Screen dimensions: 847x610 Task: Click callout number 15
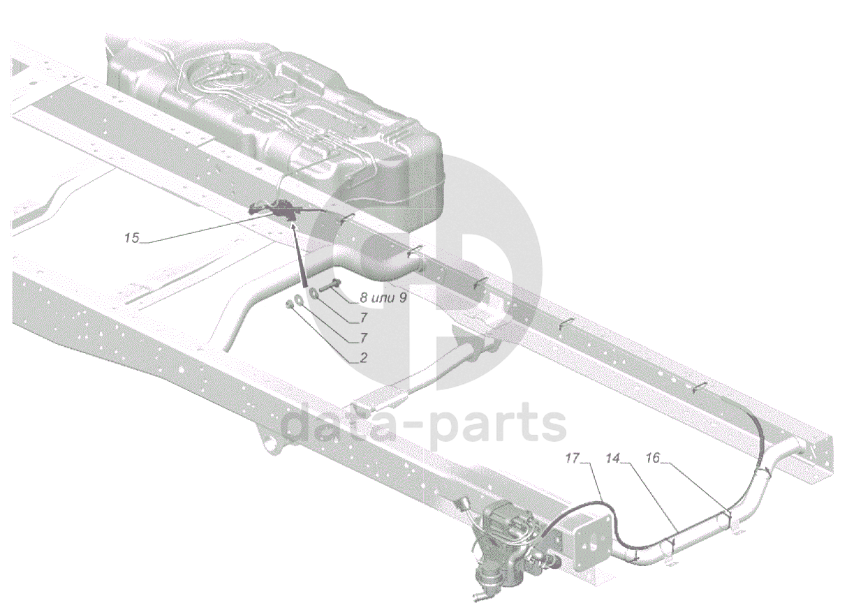pyautogui.click(x=131, y=239)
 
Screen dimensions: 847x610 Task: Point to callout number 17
pyautogui.click(x=573, y=459)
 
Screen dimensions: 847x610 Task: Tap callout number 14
pyautogui.click(x=612, y=459)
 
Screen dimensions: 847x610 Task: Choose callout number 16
pyautogui.click(x=652, y=459)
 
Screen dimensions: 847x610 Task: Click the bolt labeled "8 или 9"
pyautogui.click(x=332, y=285)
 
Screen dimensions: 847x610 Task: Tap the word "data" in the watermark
pyautogui.click(x=328, y=426)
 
